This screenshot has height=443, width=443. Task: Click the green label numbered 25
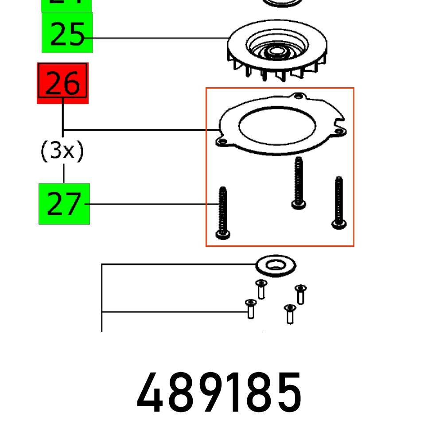(x=67, y=33)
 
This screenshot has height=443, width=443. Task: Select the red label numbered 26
(x=62, y=83)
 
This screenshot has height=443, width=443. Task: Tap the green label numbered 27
(x=64, y=204)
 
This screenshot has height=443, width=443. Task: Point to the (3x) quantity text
(x=62, y=152)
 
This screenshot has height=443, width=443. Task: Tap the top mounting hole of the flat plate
(x=299, y=96)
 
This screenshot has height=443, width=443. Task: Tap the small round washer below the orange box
(x=276, y=266)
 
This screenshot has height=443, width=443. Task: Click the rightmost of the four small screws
(x=301, y=294)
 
